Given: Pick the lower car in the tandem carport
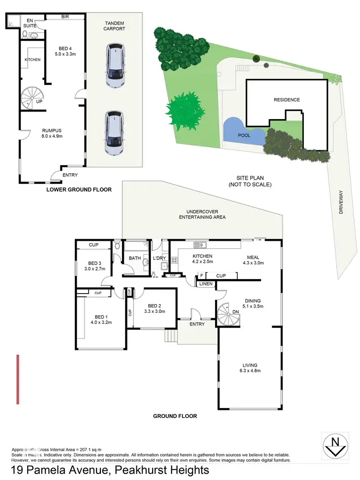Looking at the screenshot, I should tap(115, 134).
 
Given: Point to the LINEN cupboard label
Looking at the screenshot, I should tap(205, 284).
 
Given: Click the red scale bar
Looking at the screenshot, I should tap(18, 379).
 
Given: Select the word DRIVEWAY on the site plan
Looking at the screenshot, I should tap(341, 202).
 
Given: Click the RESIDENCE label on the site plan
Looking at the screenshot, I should tap(287, 100).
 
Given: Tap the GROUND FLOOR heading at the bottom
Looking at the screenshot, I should tap(175, 416).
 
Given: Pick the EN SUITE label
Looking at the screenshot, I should tap(31, 23).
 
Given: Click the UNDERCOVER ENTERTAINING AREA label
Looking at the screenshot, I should tap(202, 214).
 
